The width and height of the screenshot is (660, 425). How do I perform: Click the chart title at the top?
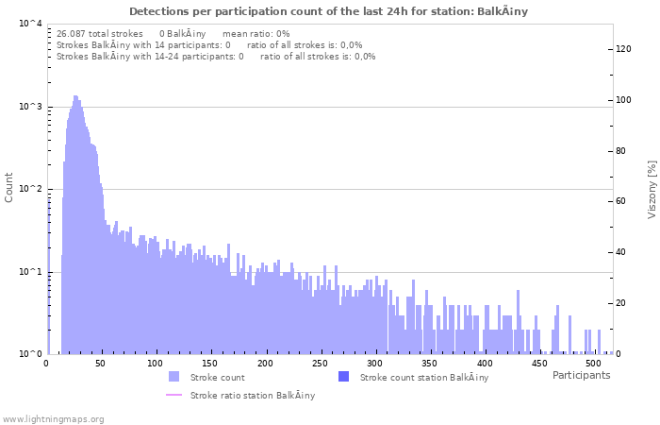click(x=328, y=11)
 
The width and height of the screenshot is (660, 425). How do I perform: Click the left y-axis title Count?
click(x=9, y=187)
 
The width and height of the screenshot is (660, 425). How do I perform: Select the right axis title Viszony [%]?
click(x=651, y=189)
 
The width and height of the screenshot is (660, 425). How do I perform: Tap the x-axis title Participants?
click(x=581, y=375)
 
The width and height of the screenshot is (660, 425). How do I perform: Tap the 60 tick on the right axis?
click(x=621, y=201)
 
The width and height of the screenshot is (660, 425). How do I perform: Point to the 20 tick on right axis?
click(x=621, y=303)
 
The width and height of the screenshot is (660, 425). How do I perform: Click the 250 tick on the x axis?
click(x=320, y=363)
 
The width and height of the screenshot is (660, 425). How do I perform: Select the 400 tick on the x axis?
click(x=484, y=363)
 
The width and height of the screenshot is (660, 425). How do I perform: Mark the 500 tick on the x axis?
click(x=593, y=363)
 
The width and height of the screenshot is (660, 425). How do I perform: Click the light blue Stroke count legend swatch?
click(x=173, y=377)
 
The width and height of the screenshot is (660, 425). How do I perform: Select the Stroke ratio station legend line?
click(x=173, y=395)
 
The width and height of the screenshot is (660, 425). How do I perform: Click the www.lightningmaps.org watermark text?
click(x=54, y=418)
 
